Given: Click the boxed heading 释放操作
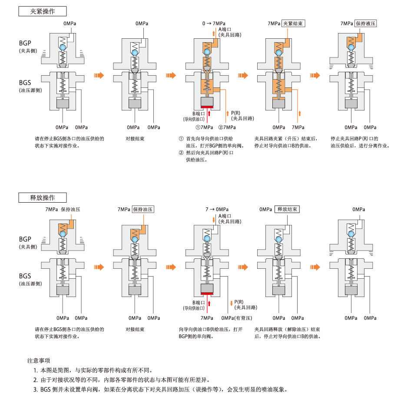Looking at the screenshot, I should pos(43,197).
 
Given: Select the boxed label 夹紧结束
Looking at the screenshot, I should pos(293,23).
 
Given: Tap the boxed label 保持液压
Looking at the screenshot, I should pos(365,23).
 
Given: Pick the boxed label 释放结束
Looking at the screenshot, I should pos(287,209).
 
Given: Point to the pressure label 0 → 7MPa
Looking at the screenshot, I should pos(214,23).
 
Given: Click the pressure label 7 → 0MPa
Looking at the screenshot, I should pos(217,209).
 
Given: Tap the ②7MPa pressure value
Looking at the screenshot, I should pos(227,127).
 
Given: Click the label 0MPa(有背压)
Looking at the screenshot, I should pos(236,318).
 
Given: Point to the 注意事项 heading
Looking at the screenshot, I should pos(39,361).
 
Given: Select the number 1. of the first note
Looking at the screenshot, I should pos(36,371).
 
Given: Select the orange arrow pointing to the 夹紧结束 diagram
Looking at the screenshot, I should pos(244,75).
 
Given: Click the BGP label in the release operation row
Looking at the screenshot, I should pos(25,239).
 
